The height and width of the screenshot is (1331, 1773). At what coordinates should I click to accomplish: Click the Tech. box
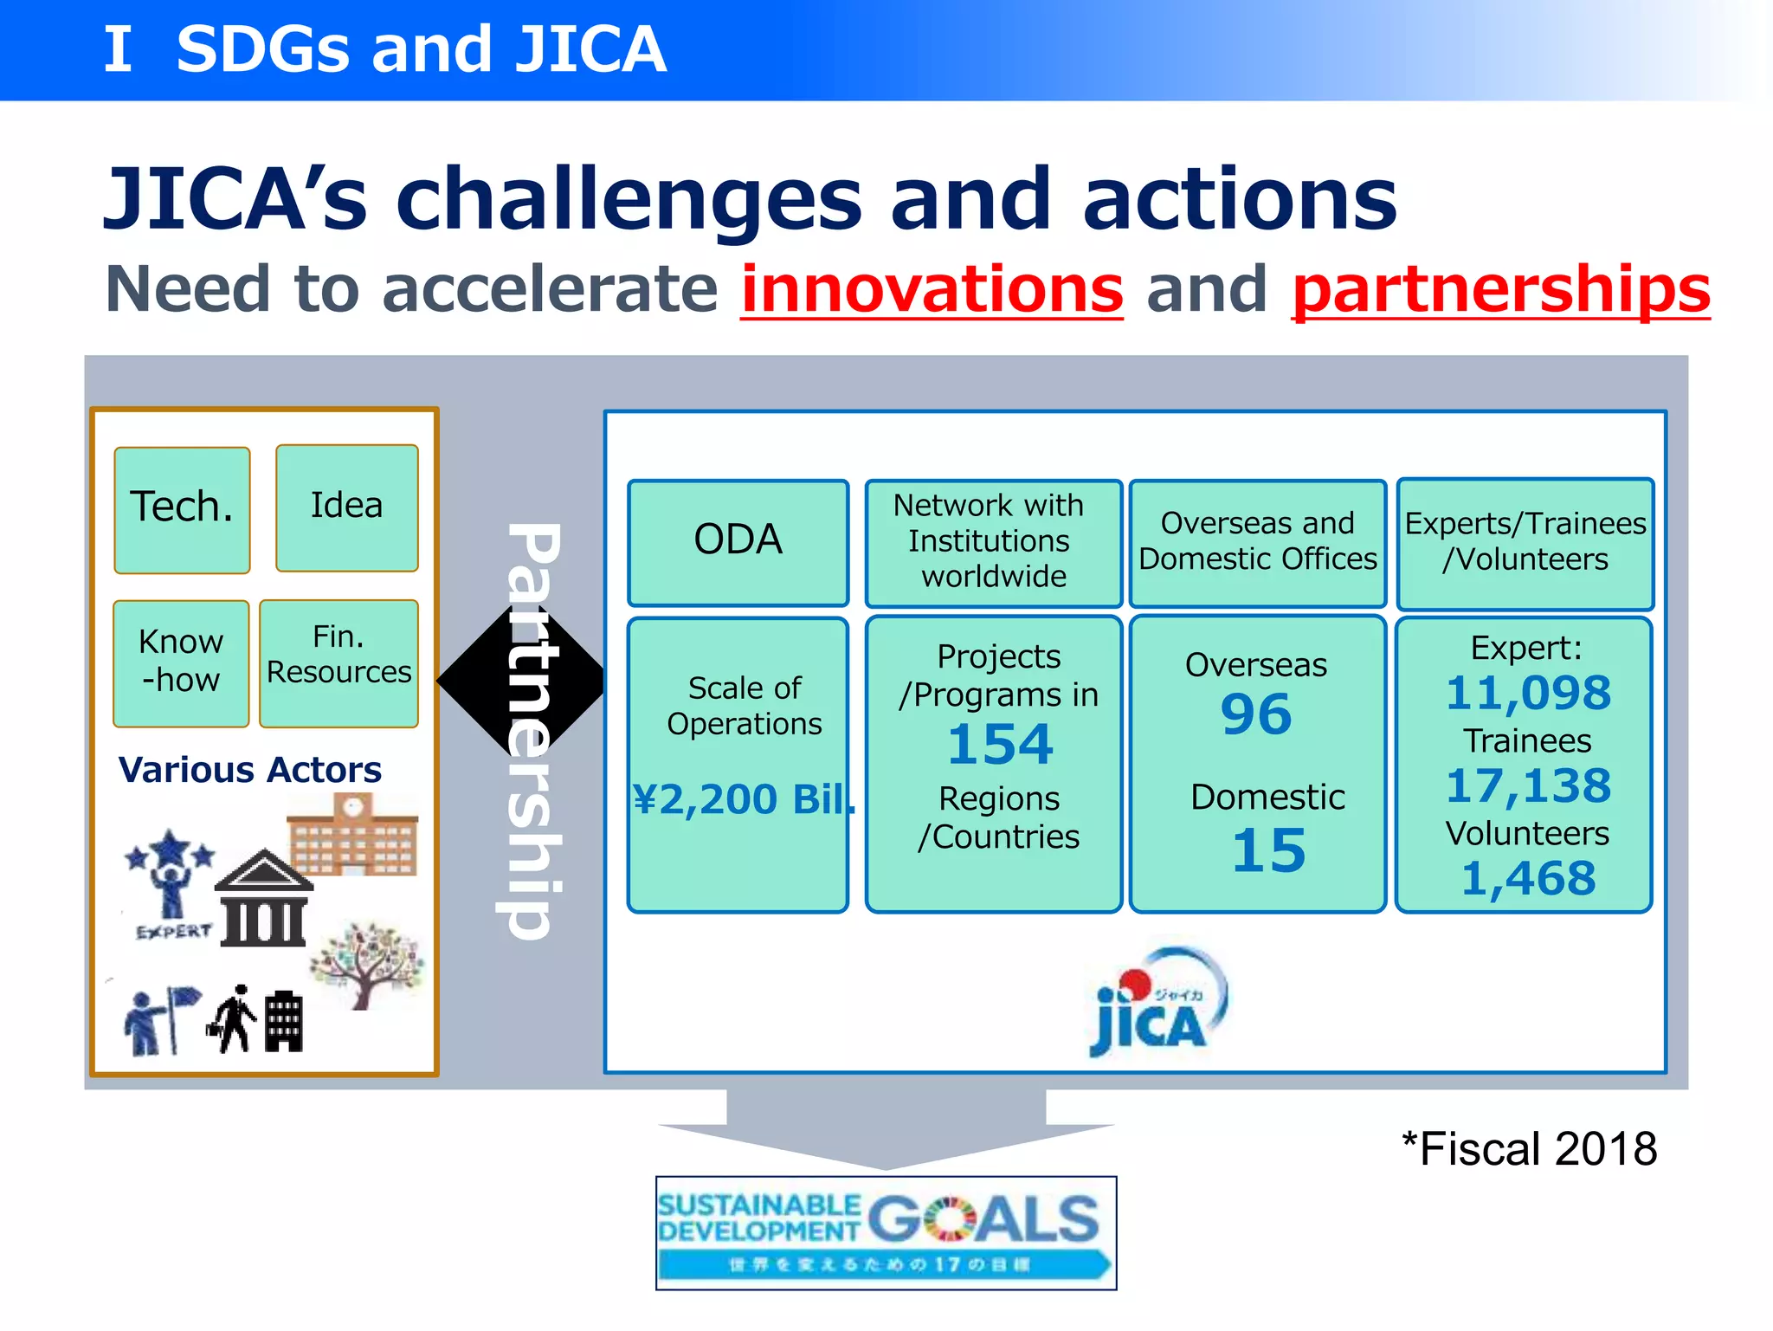[x=182, y=510]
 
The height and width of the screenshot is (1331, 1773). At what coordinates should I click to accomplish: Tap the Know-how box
[x=181, y=663]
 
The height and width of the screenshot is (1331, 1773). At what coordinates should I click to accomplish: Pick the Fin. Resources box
[x=338, y=663]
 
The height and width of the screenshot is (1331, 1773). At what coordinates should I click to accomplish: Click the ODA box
[x=738, y=542]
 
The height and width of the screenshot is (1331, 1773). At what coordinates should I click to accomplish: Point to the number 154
[x=999, y=745]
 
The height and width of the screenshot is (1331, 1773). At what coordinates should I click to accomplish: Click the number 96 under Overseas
[x=1255, y=715]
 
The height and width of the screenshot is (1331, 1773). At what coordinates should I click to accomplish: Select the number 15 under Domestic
[x=1267, y=850]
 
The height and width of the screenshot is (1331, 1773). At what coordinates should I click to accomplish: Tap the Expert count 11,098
[x=1528, y=694]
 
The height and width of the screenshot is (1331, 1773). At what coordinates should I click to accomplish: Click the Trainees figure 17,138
[x=1528, y=786]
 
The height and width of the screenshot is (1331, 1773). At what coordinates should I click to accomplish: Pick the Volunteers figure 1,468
[x=1528, y=878]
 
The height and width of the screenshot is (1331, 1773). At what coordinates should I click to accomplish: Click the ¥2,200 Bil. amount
[x=743, y=798]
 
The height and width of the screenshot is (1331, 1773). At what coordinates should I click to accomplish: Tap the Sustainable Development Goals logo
[x=886, y=1232]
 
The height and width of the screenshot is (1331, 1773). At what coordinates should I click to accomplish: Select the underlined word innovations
[x=932, y=289]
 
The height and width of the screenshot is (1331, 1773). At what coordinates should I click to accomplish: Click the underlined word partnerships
[x=1500, y=289]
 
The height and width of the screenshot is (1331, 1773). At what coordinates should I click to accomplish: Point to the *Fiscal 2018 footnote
[x=1529, y=1149]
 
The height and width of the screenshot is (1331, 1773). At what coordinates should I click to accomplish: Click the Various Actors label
[x=249, y=770]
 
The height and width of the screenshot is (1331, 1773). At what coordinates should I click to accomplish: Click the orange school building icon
[x=353, y=836]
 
